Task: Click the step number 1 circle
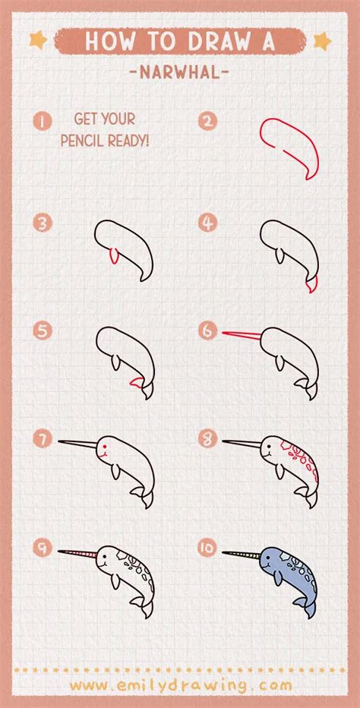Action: pyautogui.click(x=43, y=121)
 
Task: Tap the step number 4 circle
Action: pyautogui.click(x=208, y=223)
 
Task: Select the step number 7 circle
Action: pyautogui.click(x=43, y=439)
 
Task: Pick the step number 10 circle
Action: pyautogui.click(x=208, y=547)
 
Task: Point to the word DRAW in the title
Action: pyautogui.click(x=217, y=41)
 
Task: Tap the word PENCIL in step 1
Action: pyautogui.click(x=81, y=141)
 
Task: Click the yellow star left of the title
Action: pyautogui.click(x=39, y=40)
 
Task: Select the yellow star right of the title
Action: pyautogui.click(x=323, y=41)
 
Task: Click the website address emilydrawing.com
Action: pyautogui.click(x=181, y=685)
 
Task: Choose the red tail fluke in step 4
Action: pyautogui.click(x=311, y=284)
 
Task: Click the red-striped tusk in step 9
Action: pyautogui.click(x=77, y=553)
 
